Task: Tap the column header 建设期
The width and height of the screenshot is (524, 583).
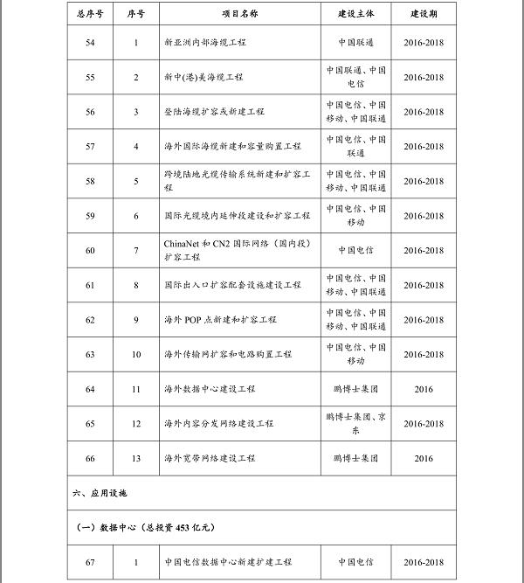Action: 424,15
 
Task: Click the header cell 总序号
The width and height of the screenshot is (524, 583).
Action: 90,15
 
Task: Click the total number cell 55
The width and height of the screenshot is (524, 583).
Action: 90,77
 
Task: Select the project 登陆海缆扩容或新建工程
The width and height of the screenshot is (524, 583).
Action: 214,112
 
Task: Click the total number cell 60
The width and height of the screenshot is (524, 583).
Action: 90,250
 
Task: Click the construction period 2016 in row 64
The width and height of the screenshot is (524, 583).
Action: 424,389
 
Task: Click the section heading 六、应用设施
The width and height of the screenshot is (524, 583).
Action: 100,494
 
